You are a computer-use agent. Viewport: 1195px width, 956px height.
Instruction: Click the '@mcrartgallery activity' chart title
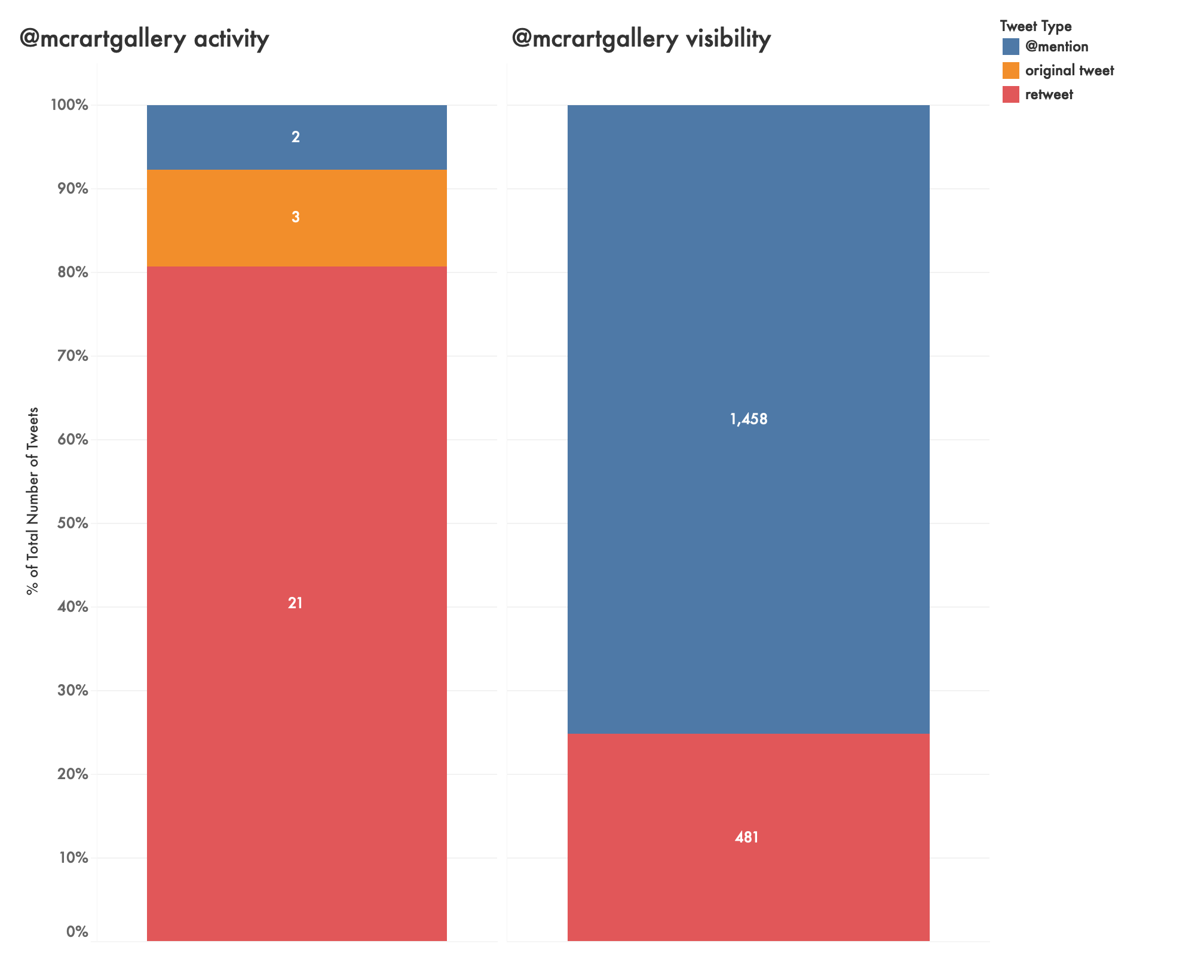[144, 39]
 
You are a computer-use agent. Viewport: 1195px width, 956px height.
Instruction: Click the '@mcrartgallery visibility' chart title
[641, 39]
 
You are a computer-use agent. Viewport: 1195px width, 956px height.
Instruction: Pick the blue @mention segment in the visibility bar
[748, 299]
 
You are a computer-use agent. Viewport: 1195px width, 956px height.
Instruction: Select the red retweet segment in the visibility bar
[748, 866]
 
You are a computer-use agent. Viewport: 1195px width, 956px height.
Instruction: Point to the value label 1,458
[748, 419]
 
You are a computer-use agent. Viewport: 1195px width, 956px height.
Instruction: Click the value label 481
[747, 838]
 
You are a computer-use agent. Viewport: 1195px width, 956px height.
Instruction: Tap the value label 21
[295, 603]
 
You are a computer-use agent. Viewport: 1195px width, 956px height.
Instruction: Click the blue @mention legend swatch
[1011, 47]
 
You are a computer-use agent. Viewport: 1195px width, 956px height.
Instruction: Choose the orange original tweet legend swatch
[1011, 71]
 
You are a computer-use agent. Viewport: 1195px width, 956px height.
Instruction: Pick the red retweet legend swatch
[1011, 94]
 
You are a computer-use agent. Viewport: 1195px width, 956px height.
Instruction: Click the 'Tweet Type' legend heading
[1035, 26]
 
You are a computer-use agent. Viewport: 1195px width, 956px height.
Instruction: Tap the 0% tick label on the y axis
[76, 932]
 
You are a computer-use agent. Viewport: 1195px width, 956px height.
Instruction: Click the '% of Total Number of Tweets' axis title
[33, 501]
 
